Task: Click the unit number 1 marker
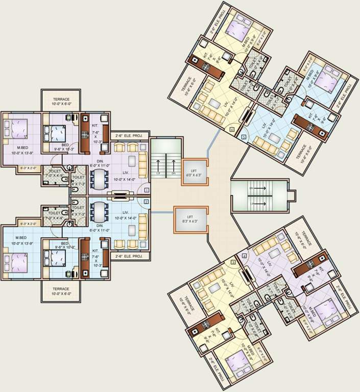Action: tap(147, 189)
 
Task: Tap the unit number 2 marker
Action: tap(147, 202)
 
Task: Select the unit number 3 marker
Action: tap(233, 262)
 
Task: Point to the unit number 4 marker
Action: tap(245, 256)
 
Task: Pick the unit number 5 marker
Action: tap(244, 137)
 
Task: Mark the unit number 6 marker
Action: tap(232, 130)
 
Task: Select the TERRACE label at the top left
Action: tap(60, 99)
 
